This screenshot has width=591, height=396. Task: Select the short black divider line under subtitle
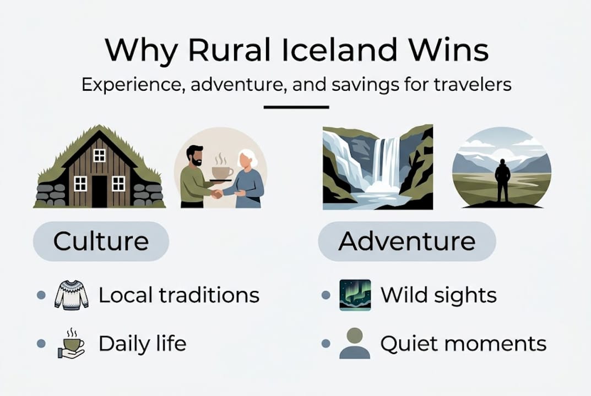coord(296,107)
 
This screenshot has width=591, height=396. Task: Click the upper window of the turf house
coord(99,156)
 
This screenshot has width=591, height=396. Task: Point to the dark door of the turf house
coord(99,191)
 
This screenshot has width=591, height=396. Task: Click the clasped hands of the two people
coord(218,194)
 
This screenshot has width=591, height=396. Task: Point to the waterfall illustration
coord(377,167)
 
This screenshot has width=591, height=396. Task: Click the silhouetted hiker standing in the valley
coord(502,179)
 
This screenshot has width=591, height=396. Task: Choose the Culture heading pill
coord(101,241)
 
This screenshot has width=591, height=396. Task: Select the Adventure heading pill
coord(406,241)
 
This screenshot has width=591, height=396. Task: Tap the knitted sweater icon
coord(72,295)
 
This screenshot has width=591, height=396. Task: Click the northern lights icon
coord(355,295)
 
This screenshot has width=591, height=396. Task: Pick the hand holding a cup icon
coord(71,344)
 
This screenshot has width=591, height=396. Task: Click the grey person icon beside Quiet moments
coord(355,344)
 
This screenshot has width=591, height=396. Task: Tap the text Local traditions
coord(178,295)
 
